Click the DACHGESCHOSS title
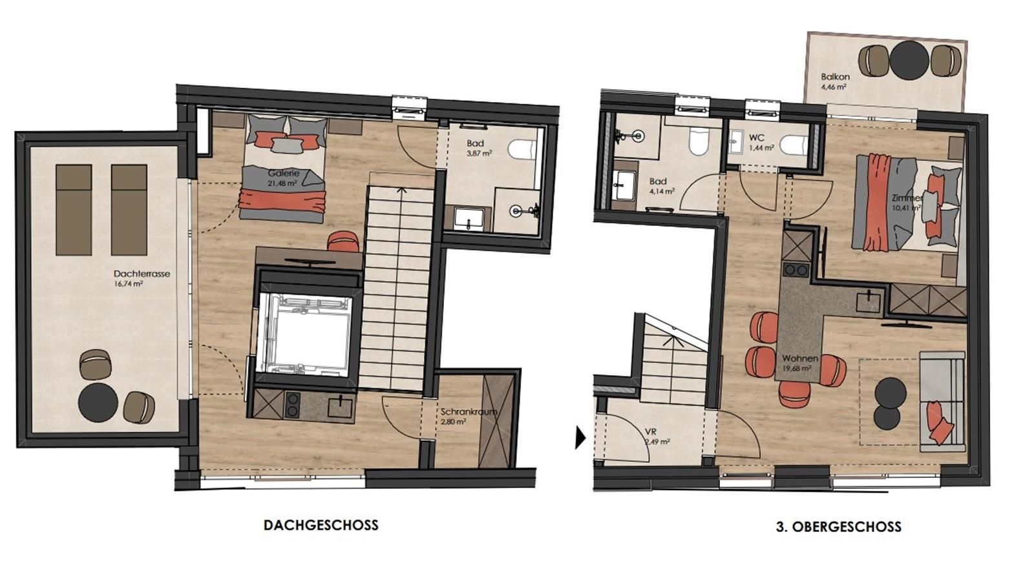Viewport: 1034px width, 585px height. point(321,525)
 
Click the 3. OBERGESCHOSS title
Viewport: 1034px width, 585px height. point(838,527)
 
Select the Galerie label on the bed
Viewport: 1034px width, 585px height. point(284,174)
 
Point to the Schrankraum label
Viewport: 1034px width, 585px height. point(469,411)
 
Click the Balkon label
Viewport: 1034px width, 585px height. point(835,77)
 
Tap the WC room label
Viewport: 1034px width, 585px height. point(757,138)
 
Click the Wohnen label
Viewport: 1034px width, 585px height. point(800,358)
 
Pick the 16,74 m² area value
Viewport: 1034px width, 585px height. point(129,283)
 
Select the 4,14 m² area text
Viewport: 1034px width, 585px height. point(662,190)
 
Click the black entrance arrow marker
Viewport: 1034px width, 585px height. point(580,438)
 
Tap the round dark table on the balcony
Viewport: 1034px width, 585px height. point(909,61)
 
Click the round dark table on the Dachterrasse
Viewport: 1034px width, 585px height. point(98,402)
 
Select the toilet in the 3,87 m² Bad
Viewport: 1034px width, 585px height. point(522,150)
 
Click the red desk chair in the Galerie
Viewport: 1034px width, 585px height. point(343,241)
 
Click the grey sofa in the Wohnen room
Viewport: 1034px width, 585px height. point(942,401)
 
